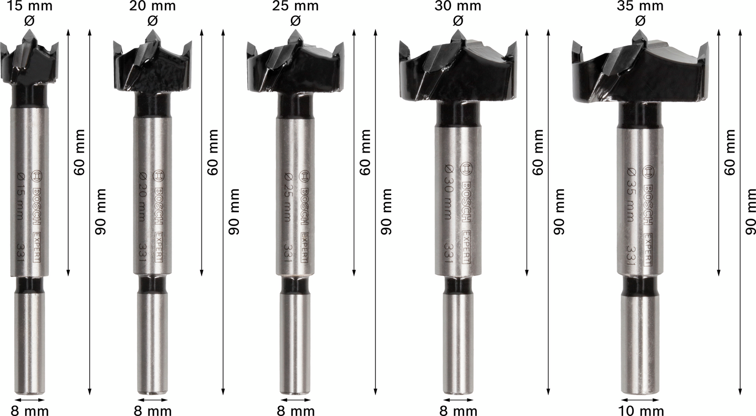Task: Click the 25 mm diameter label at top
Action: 296,6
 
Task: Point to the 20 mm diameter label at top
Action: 153,6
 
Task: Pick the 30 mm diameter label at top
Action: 458,6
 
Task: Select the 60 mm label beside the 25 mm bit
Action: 365,152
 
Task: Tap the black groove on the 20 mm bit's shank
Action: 153,285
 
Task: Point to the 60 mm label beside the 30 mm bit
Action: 538,152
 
